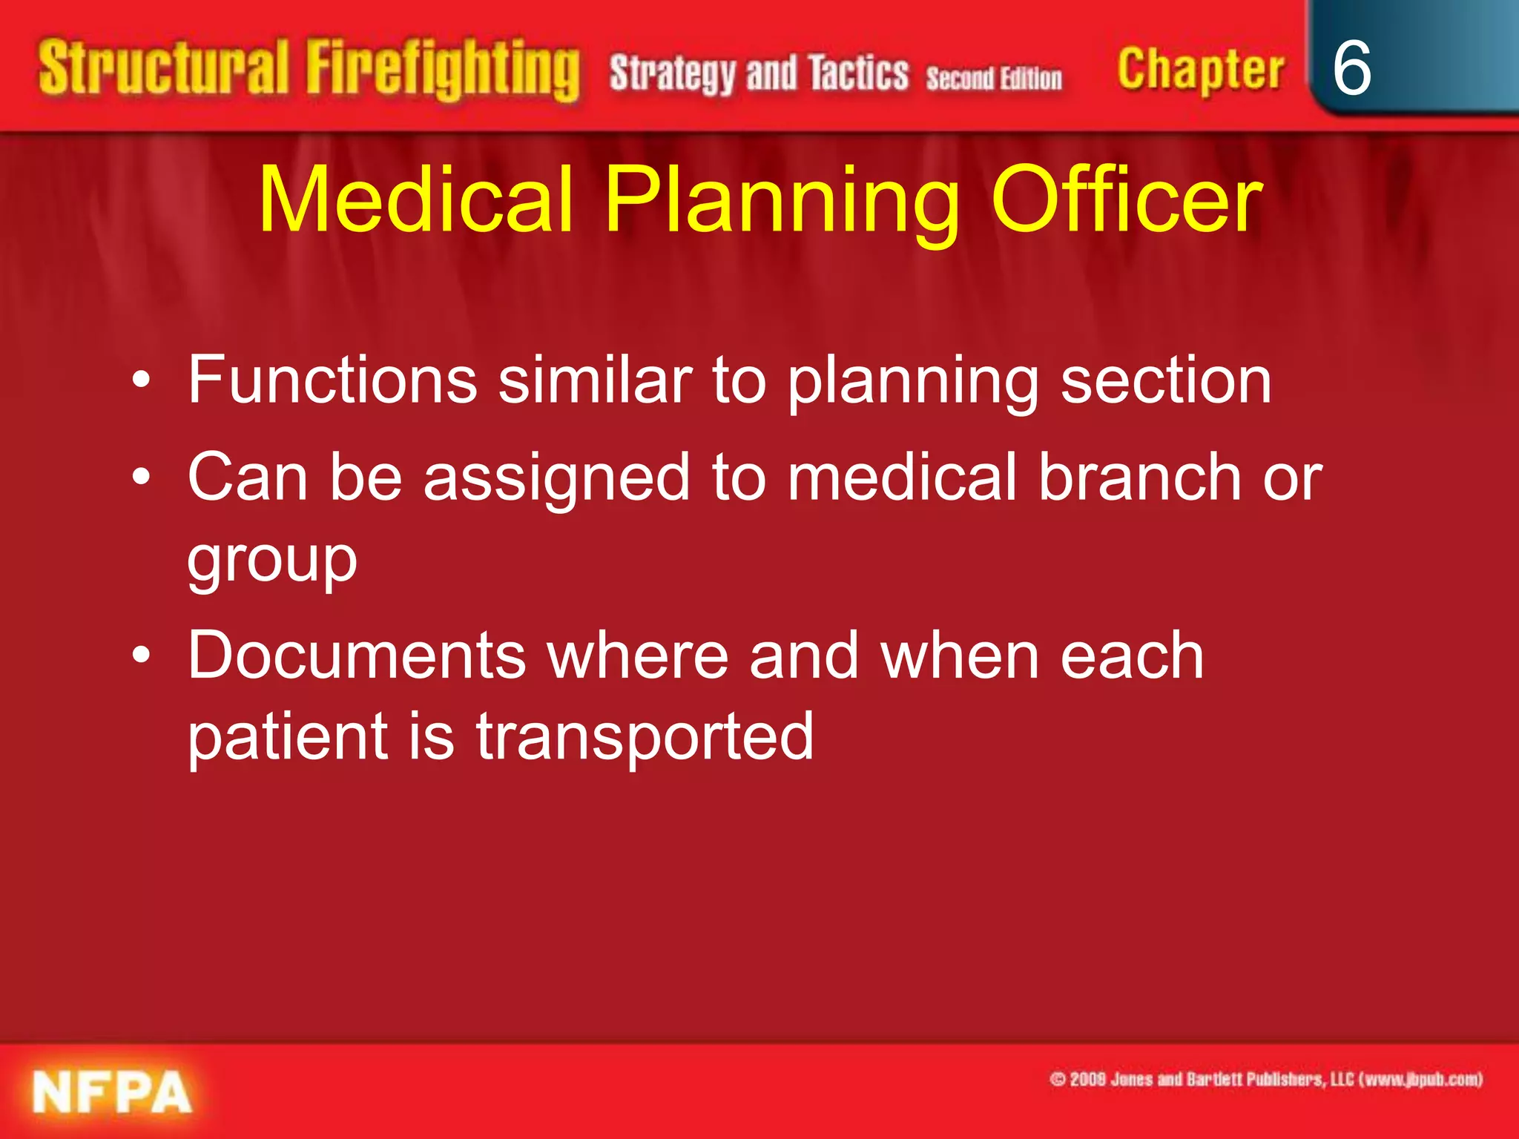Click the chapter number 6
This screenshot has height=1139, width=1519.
coord(1351,68)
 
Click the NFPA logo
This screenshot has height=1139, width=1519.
coord(112,1092)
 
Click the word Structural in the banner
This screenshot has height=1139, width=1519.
coord(163,69)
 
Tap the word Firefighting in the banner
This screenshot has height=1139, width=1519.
coord(443,70)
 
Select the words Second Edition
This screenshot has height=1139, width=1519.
coord(994,78)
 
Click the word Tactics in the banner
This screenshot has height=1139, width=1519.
coord(858,73)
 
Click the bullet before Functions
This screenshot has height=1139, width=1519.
coord(141,380)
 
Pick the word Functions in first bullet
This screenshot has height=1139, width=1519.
coord(332,380)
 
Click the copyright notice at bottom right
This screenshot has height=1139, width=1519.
coord(1265,1079)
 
